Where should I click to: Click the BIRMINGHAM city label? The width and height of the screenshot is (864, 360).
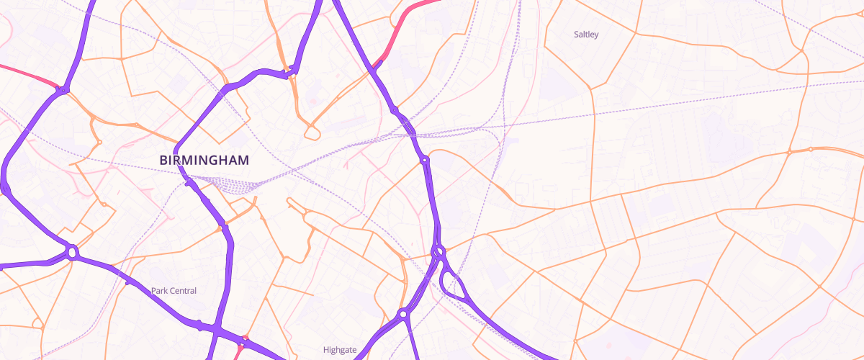pyautogui.click(x=204, y=160)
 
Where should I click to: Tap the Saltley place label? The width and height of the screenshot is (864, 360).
pyautogui.click(x=585, y=35)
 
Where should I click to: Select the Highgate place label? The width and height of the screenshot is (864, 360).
pyautogui.click(x=340, y=350)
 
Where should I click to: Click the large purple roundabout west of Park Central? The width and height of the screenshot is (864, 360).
pyautogui.click(x=72, y=253)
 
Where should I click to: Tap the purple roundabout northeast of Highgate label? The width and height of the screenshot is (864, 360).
pyautogui.click(x=403, y=314)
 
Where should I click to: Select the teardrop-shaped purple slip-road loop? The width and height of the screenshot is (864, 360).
pyautogui.click(x=454, y=285)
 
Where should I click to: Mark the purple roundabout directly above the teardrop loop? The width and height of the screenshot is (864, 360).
pyautogui.click(x=438, y=251)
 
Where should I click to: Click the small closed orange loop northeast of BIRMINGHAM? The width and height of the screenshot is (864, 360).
pyautogui.click(x=312, y=132)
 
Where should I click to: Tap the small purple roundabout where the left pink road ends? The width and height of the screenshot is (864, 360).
pyautogui.click(x=62, y=89)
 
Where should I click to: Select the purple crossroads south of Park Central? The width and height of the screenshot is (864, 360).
pyautogui.click(x=215, y=328)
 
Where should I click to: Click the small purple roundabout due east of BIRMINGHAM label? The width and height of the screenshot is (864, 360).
pyautogui.click(x=425, y=160)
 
